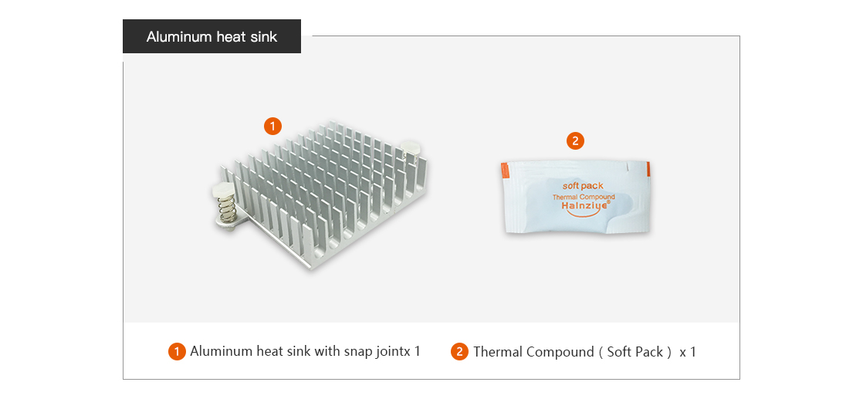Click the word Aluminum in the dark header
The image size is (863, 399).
tap(179, 37)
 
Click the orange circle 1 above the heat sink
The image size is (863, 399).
tap(273, 127)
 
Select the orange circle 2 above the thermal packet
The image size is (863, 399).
tap(575, 141)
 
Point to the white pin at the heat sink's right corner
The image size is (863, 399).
tap(411, 147)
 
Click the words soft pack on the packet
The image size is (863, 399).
tap(583, 186)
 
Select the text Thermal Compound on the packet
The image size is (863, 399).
tap(584, 197)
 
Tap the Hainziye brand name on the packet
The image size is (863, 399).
tap(584, 206)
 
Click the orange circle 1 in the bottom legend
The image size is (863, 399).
tap(177, 351)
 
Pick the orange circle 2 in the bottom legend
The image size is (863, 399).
tap(459, 351)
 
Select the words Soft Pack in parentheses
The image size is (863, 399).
tap(635, 352)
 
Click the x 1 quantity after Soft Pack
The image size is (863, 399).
tap(688, 352)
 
